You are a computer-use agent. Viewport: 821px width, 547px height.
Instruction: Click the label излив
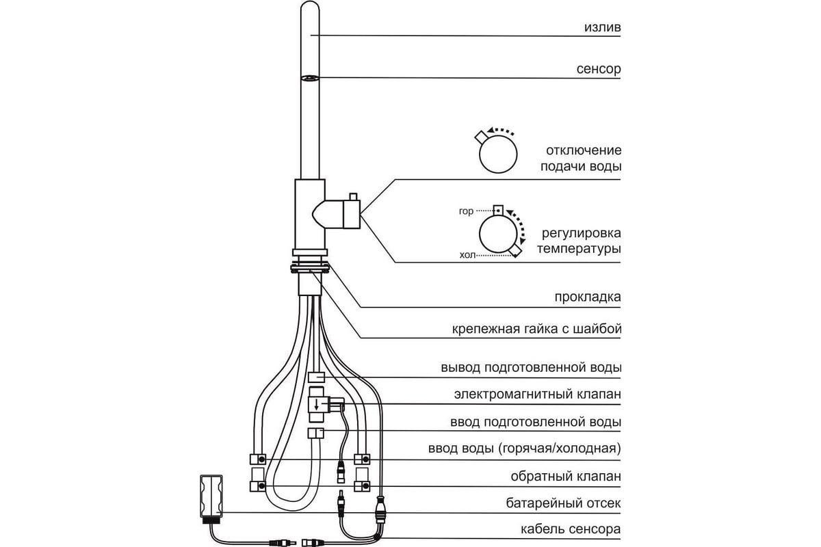[x=602, y=28]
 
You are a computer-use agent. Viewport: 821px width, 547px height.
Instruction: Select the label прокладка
[x=588, y=297]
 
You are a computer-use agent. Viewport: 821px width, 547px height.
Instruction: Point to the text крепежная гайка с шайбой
[x=536, y=329]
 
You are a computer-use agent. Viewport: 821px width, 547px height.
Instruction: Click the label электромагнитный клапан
[x=537, y=395]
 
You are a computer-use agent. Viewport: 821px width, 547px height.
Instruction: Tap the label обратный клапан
[x=566, y=476]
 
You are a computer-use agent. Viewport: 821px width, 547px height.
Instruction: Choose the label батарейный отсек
[x=562, y=503]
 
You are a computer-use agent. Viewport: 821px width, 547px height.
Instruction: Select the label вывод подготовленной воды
[x=531, y=368]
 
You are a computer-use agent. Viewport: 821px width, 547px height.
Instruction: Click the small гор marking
[x=466, y=211]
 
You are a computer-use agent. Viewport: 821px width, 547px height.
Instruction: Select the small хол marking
[x=466, y=254]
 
